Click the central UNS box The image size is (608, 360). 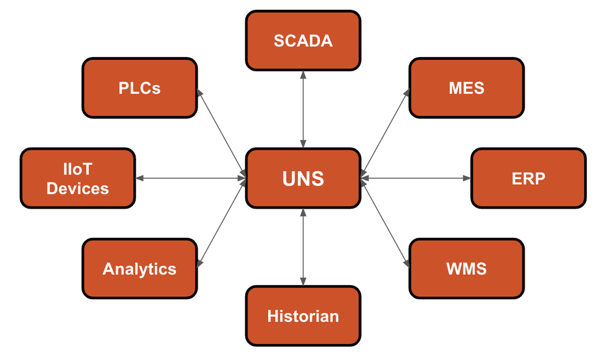pos(303,178)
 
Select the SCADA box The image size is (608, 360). pos(303,40)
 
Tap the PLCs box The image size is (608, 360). pos(139,88)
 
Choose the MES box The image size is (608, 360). pos(466,88)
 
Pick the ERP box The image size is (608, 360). pos(528,178)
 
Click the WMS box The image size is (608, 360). pos(466,268)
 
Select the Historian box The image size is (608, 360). pos(303,316)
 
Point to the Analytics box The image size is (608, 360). pos(139,268)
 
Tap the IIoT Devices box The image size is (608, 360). pos(78,178)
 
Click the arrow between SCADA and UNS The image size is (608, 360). pos(303,109)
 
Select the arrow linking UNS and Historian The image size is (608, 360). pos(303,246)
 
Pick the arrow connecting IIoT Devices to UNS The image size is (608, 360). pos(190,178)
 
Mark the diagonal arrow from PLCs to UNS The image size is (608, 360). pos(221,133)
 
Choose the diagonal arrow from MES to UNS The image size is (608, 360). pos(385,133)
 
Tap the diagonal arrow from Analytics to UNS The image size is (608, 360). pos(221,223)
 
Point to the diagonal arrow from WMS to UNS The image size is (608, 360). pos(385,223)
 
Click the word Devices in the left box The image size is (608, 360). pos(78,189)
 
